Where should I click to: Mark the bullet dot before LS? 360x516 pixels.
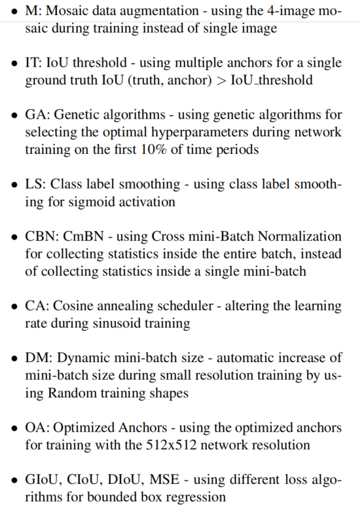click(x=14, y=185)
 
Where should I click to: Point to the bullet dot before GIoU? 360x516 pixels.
click(x=14, y=480)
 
